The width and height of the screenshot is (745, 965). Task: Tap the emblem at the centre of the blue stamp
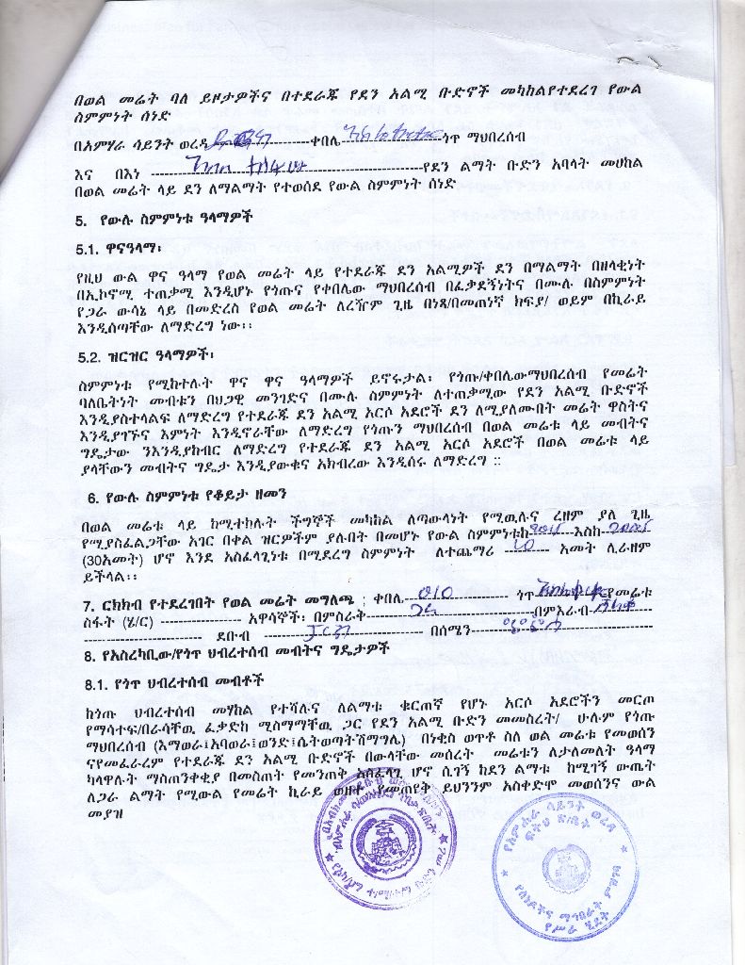pos(564,864)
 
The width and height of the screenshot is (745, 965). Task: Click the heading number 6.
pos(91,497)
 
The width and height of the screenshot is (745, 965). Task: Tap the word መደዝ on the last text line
pos(96,762)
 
